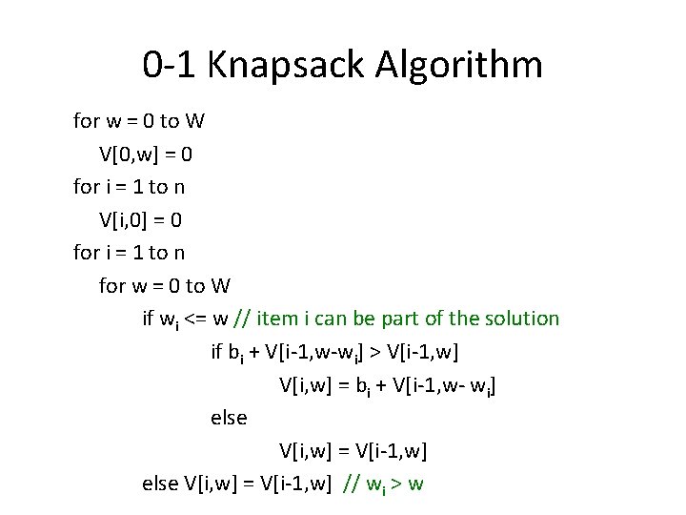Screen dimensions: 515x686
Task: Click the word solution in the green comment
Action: click(520, 318)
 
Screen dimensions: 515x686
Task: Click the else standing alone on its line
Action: click(228, 417)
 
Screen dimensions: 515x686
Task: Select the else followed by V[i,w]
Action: click(158, 483)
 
